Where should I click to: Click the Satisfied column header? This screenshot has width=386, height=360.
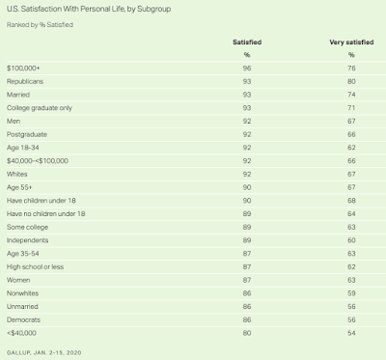pos(247,42)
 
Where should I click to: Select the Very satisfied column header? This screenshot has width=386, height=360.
pos(351,42)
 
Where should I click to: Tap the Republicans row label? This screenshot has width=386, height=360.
pos(25,81)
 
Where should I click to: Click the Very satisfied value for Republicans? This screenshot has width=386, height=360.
pos(351,81)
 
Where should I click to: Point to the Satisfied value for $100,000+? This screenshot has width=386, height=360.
pos(247,69)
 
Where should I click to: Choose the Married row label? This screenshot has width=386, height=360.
pos(18,95)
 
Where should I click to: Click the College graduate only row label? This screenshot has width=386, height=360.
pos(40,108)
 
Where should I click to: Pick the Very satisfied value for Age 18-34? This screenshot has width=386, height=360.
pos(351,148)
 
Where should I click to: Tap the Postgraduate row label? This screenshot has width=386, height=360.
pos(27,134)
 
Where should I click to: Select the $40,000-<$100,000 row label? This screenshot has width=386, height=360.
pos(38,161)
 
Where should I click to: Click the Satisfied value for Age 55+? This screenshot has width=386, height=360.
pos(247,187)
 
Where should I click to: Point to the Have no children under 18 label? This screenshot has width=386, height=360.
pos(45,213)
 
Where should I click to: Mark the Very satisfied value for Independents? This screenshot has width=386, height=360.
pos(351,240)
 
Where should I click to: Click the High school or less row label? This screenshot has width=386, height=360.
pos(35,266)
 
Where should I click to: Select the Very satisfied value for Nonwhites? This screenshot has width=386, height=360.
pos(351,293)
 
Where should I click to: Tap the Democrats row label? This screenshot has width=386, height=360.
pos(23,319)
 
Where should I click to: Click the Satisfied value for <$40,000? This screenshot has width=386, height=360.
pos(247,333)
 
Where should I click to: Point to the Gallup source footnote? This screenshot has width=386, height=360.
pos(43,352)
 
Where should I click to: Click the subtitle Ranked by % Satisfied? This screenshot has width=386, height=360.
pos(40,25)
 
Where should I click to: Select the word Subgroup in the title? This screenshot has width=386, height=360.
pos(154,10)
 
